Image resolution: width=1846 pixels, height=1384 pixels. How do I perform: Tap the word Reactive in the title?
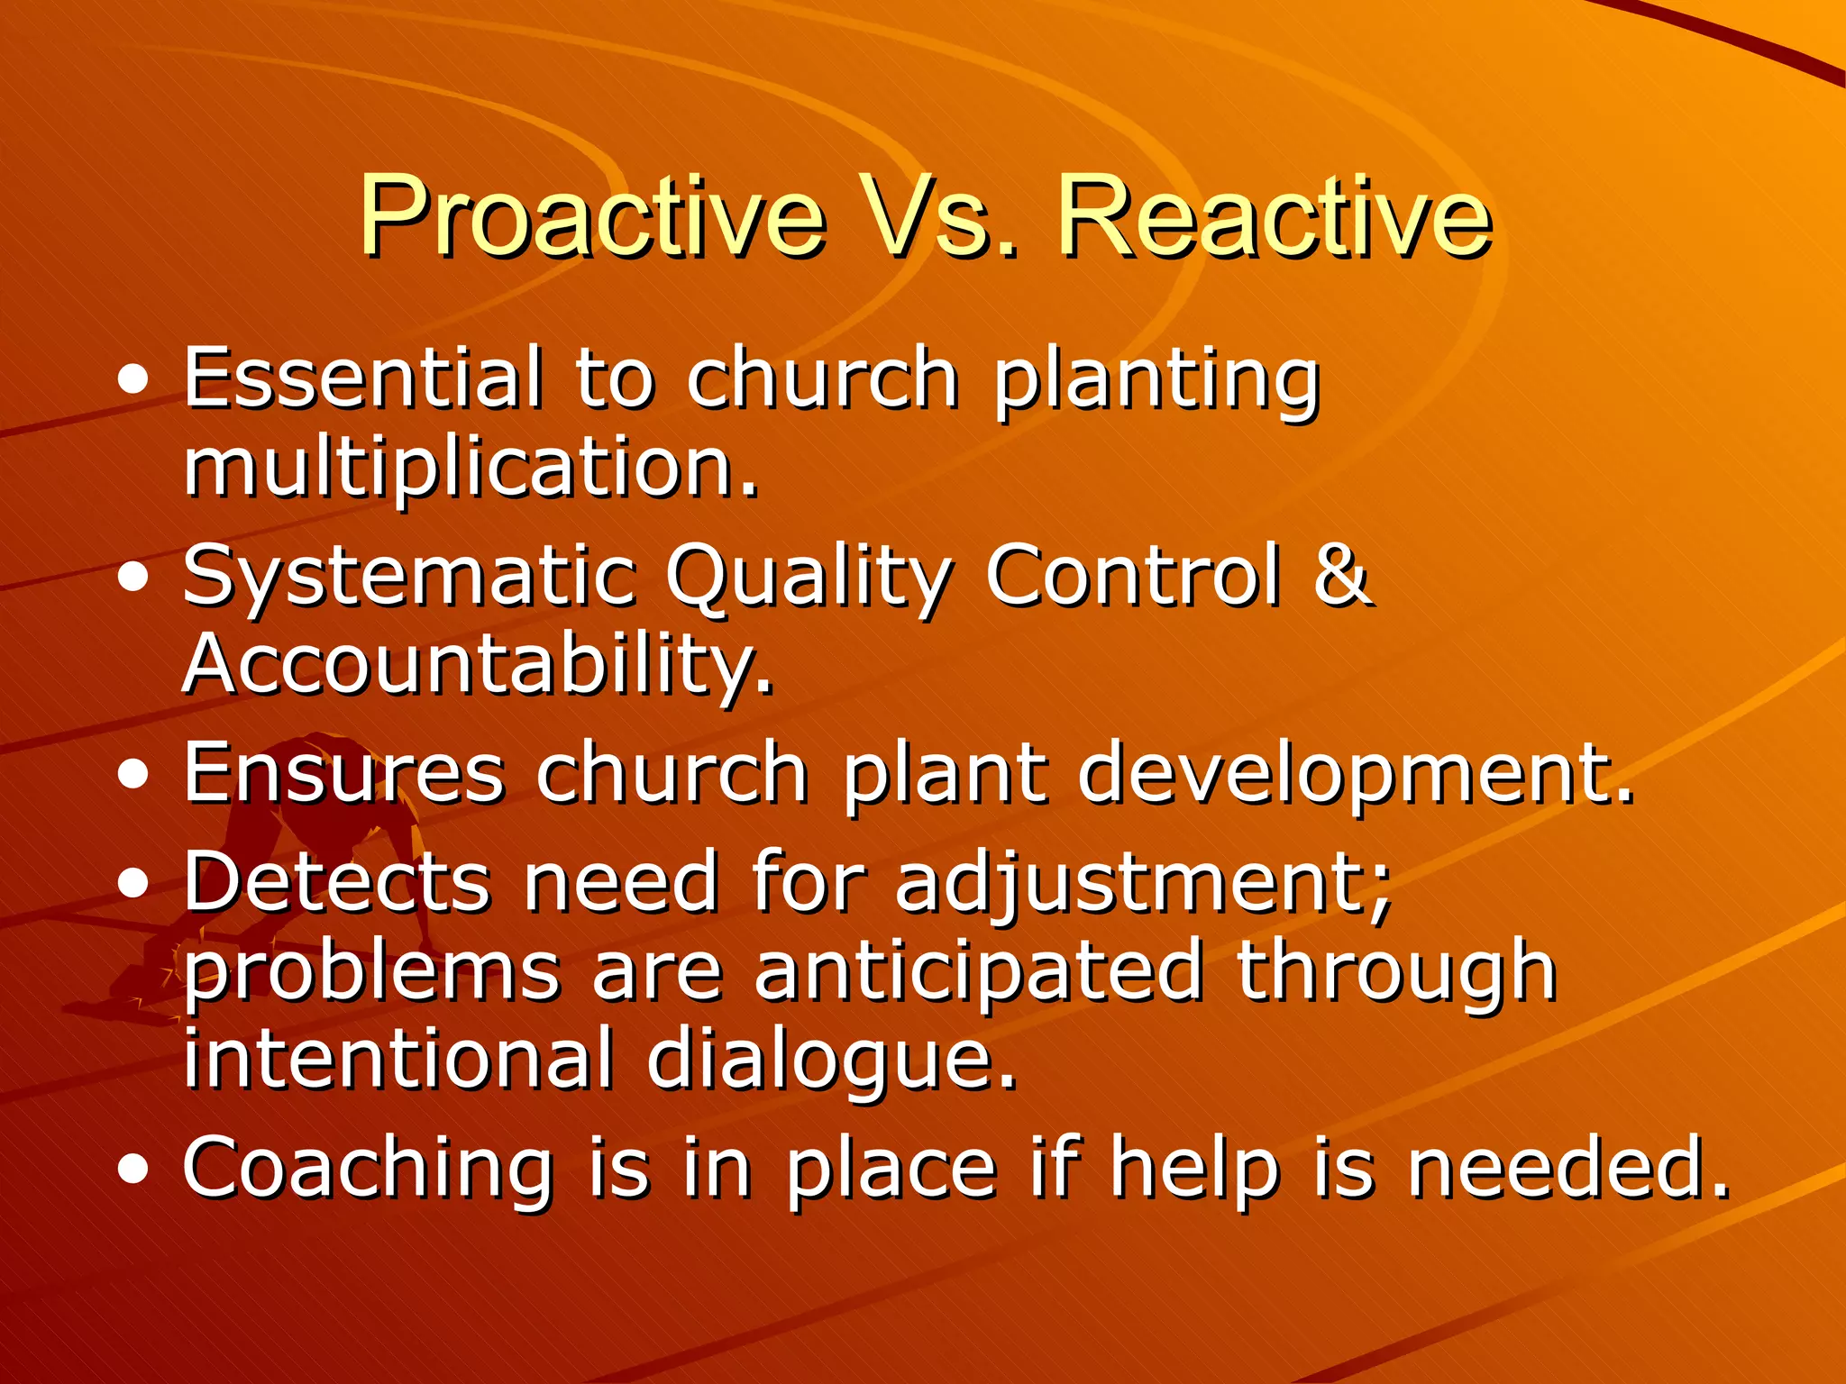point(1274,218)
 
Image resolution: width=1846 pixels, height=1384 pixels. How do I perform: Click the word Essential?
point(364,378)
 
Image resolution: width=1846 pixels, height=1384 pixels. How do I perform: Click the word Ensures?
point(343,773)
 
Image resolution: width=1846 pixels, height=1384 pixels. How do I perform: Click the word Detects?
point(337,881)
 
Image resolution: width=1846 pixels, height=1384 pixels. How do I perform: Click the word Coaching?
point(368,1170)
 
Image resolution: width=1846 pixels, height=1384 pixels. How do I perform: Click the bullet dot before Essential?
point(133,381)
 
